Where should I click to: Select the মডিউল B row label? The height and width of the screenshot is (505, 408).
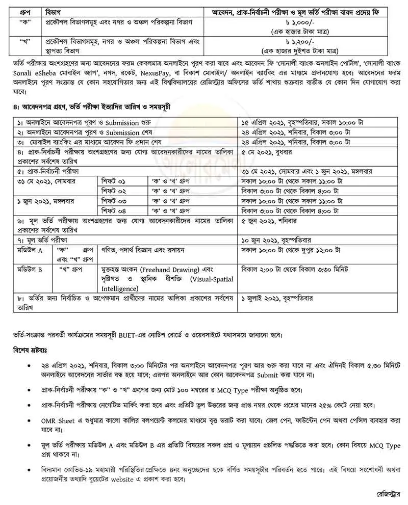pos(28,267)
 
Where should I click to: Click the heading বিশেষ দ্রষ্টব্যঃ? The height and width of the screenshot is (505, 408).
pos(32,351)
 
